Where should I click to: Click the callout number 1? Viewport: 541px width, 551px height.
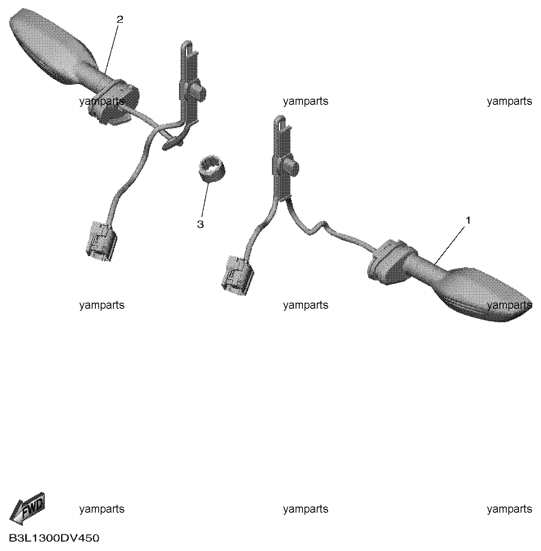468,221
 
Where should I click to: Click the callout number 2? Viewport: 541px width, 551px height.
120,20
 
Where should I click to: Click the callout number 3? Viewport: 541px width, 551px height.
201,224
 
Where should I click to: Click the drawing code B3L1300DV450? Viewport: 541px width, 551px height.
54,538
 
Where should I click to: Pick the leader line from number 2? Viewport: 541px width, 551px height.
112,49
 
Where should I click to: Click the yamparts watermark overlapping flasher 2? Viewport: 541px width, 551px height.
102,101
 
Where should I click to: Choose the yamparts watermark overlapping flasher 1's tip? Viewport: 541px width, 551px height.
510,305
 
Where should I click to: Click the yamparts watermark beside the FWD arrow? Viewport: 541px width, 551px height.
102,509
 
